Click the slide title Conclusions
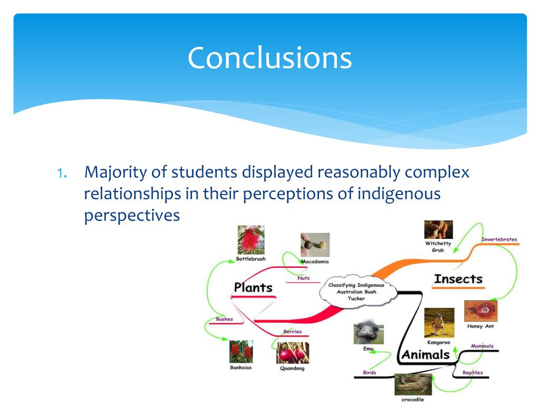[x=269, y=57]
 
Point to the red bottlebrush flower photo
[x=250, y=240]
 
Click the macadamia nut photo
[x=315, y=245]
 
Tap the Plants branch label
[x=253, y=287]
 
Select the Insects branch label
[x=458, y=279]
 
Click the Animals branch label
[x=426, y=354]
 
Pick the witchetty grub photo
[x=438, y=229]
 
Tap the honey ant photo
[x=480, y=311]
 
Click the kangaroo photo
[x=439, y=323]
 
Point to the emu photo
[x=368, y=333]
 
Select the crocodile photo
[x=412, y=384]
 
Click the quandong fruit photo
[x=292, y=352]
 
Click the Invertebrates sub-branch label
[x=499, y=239]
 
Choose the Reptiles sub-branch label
[x=472, y=373]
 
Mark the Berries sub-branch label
[x=292, y=332]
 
